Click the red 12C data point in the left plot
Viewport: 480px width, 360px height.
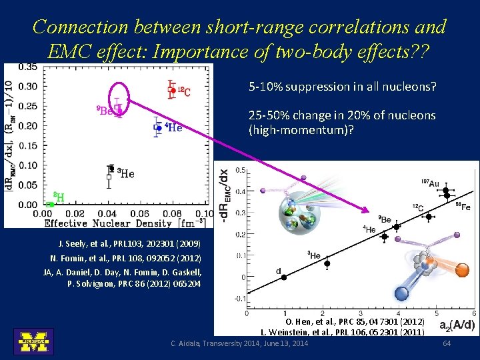pos(173,90)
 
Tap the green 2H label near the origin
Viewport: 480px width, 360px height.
pos(58,197)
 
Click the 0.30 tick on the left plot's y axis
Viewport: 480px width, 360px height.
pos(27,86)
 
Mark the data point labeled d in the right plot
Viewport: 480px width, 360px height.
pos(283,277)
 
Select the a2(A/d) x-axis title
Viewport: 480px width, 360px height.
pos(457,325)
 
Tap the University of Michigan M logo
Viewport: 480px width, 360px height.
pos(33,341)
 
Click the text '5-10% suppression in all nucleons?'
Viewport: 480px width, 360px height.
pos(342,87)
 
